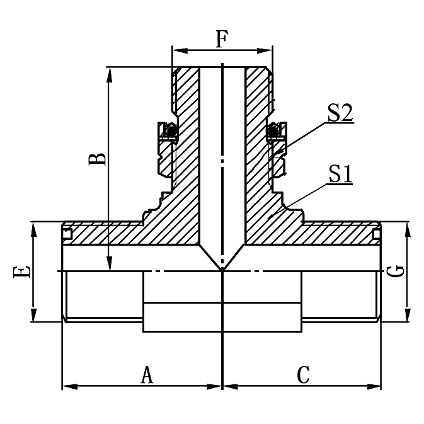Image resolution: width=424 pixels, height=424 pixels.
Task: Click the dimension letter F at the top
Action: pyautogui.click(x=222, y=39)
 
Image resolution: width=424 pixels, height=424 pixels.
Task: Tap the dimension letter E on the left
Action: pyautogui.click(x=21, y=272)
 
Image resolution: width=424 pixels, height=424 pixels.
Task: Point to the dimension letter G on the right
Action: pyautogui.click(x=396, y=272)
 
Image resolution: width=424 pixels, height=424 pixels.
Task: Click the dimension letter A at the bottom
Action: pyautogui.click(x=146, y=375)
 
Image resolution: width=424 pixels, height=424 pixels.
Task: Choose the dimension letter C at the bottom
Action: pyautogui.click(x=304, y=375)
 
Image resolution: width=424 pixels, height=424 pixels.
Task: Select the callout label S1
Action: pyautogui.click(x=339, y=174)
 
